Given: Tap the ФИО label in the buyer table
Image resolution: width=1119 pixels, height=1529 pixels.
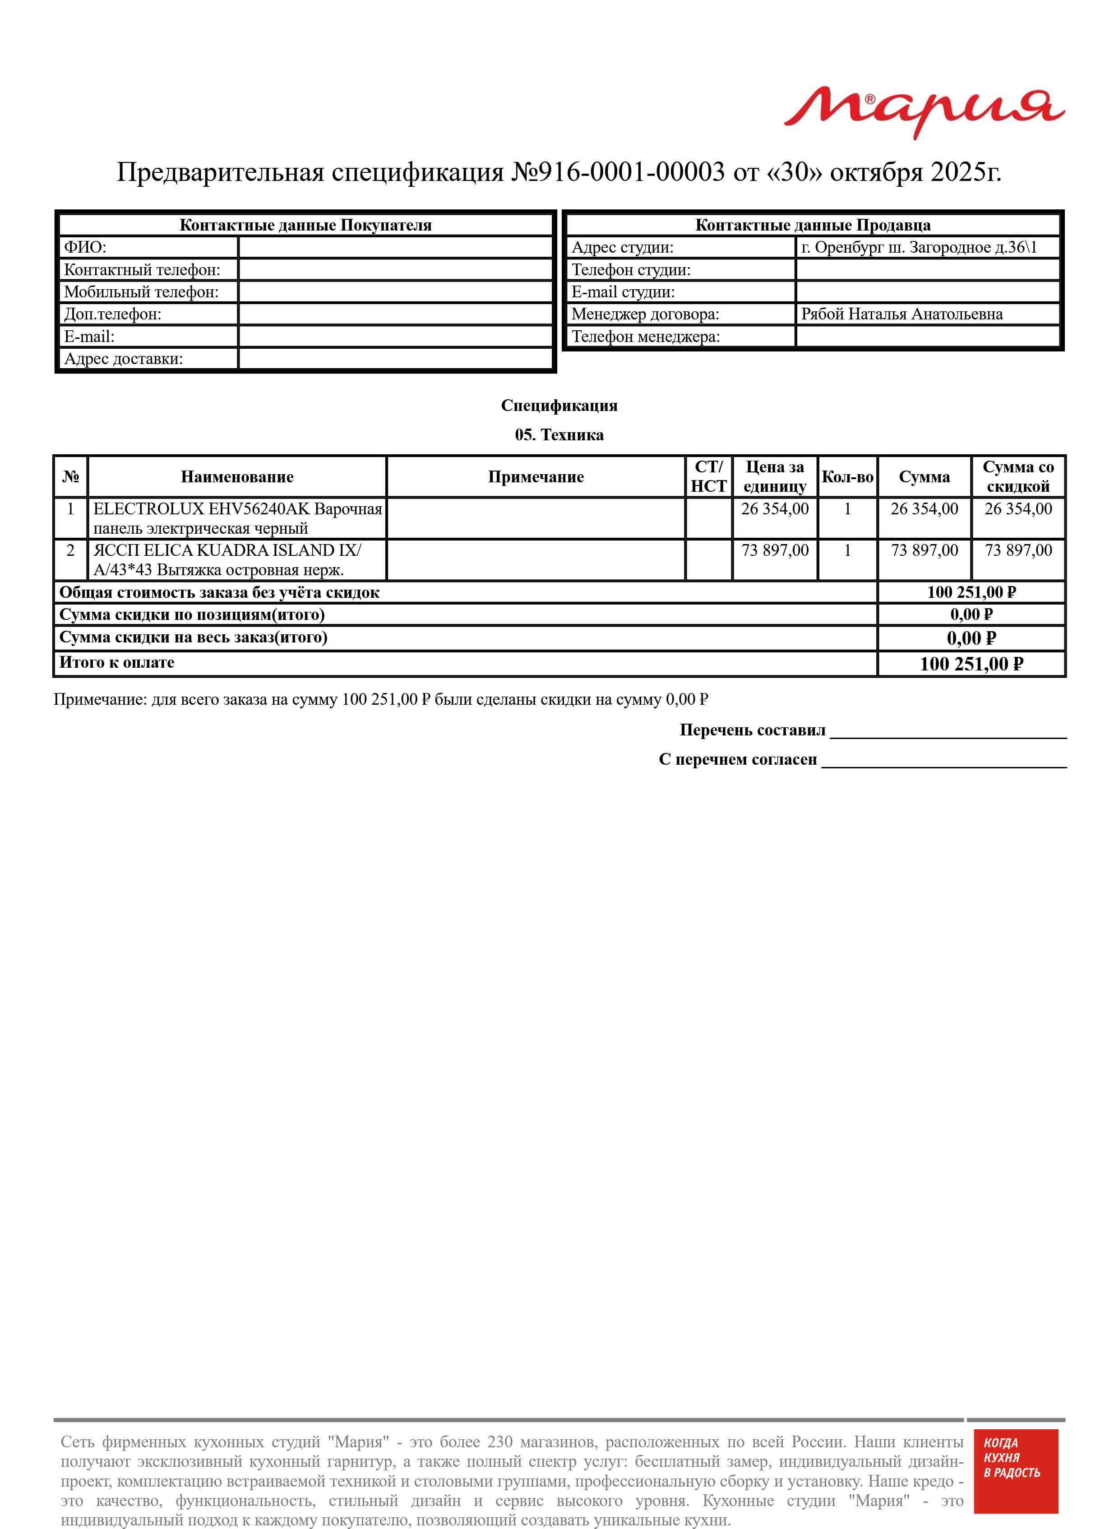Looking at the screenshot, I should click(85, 247).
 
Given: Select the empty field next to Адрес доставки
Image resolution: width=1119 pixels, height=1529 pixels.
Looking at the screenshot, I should click(396, 359).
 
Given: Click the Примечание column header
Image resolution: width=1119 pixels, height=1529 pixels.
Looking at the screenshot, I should click(535, 477).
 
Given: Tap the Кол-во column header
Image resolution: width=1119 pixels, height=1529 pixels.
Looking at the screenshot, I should click(847, 477).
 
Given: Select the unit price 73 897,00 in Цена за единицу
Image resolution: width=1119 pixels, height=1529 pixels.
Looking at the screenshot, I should click(775, 550).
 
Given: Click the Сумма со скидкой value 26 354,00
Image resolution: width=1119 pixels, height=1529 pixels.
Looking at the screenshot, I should click(1017, 509).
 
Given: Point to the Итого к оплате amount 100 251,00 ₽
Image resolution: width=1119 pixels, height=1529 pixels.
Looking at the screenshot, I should click(971, 664).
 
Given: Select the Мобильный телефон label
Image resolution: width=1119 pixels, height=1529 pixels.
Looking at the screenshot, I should click(141, 292).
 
